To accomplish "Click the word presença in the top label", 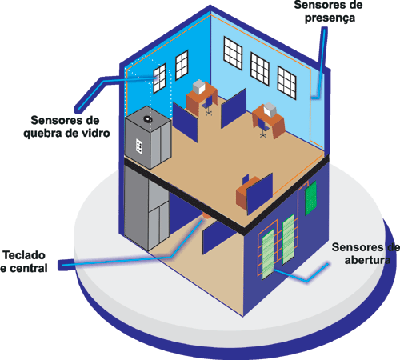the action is [x=330, y=18].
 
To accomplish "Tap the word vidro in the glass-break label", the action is [x=96, y=133].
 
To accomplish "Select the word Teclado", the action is [x=24, y=255].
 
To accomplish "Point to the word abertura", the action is [x=367, y=260].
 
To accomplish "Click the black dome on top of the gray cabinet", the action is [x=147, y=119].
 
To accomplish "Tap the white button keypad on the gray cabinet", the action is [x=139, y=146].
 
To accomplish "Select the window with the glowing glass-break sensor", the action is [x=160, y=78].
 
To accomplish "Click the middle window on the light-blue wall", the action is [x=260, y=69].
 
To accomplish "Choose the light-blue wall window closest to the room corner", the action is [x=233, y=54].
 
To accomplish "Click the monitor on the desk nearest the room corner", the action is [x=199, y=86].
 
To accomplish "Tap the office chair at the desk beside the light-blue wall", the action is [x=263, y=128].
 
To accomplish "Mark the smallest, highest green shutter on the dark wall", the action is [x=310, y=198].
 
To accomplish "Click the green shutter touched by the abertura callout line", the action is [x=268, y=254].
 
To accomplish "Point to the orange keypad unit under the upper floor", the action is [x=206, y=215].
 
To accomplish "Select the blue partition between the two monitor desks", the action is [x=234, y=108].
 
